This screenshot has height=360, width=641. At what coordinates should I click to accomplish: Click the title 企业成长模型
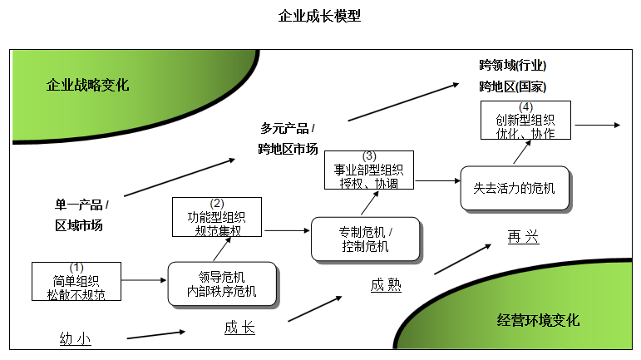pos(320,16)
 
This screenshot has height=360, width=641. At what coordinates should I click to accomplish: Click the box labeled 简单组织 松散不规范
pos(76,282)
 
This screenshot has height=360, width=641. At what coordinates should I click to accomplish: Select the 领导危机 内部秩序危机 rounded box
pos(222,284)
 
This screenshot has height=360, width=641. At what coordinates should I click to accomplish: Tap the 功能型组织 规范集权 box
pos(216,218)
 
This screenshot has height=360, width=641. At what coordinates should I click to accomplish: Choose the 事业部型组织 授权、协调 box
pos(369,170)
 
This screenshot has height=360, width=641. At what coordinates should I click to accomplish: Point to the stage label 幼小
pos(76,338)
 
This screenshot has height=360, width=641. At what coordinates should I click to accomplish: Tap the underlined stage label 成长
pos(239,328)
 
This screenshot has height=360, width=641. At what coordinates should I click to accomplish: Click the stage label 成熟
pos(386,285)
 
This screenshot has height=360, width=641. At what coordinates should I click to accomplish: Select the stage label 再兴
pos(523,238)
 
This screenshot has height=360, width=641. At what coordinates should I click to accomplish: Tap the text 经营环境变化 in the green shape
pos(538,320)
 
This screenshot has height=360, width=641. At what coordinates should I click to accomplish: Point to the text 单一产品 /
pos(82,205)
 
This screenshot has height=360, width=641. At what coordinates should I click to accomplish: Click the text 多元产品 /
pos(288,128)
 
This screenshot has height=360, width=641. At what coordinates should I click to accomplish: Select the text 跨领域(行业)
pos(512,65)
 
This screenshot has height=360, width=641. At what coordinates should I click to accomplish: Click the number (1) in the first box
pos(76,268)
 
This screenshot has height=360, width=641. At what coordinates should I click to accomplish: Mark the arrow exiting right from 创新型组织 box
pos(597,125)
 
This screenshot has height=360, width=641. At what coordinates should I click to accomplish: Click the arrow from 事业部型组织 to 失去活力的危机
pos(437,180)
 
